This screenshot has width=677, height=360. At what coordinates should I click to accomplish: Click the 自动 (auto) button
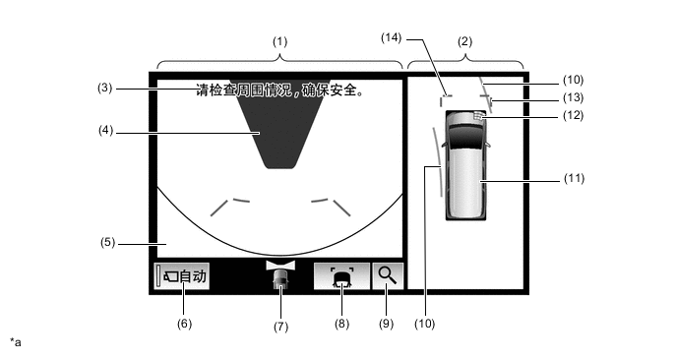tap(182, 275)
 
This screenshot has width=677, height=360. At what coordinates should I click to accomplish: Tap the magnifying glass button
tap(388, 275)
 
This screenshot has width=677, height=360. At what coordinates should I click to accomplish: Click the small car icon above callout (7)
tap(280, 275)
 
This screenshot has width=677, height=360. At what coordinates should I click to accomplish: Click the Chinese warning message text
tap(280, 90)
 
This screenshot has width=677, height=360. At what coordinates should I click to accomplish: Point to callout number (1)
tap(279, 42)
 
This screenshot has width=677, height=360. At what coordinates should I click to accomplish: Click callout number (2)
tap(465, 42)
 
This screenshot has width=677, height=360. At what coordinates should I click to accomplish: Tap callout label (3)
tap(105, 89)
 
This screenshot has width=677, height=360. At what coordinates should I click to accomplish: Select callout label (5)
tap(108, 243)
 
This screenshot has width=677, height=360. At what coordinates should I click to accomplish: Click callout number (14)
tap(392, 38)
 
